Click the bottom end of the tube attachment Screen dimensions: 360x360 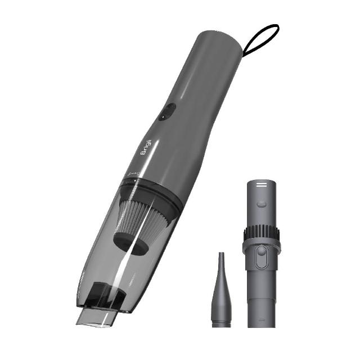click(x=260, y=321)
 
